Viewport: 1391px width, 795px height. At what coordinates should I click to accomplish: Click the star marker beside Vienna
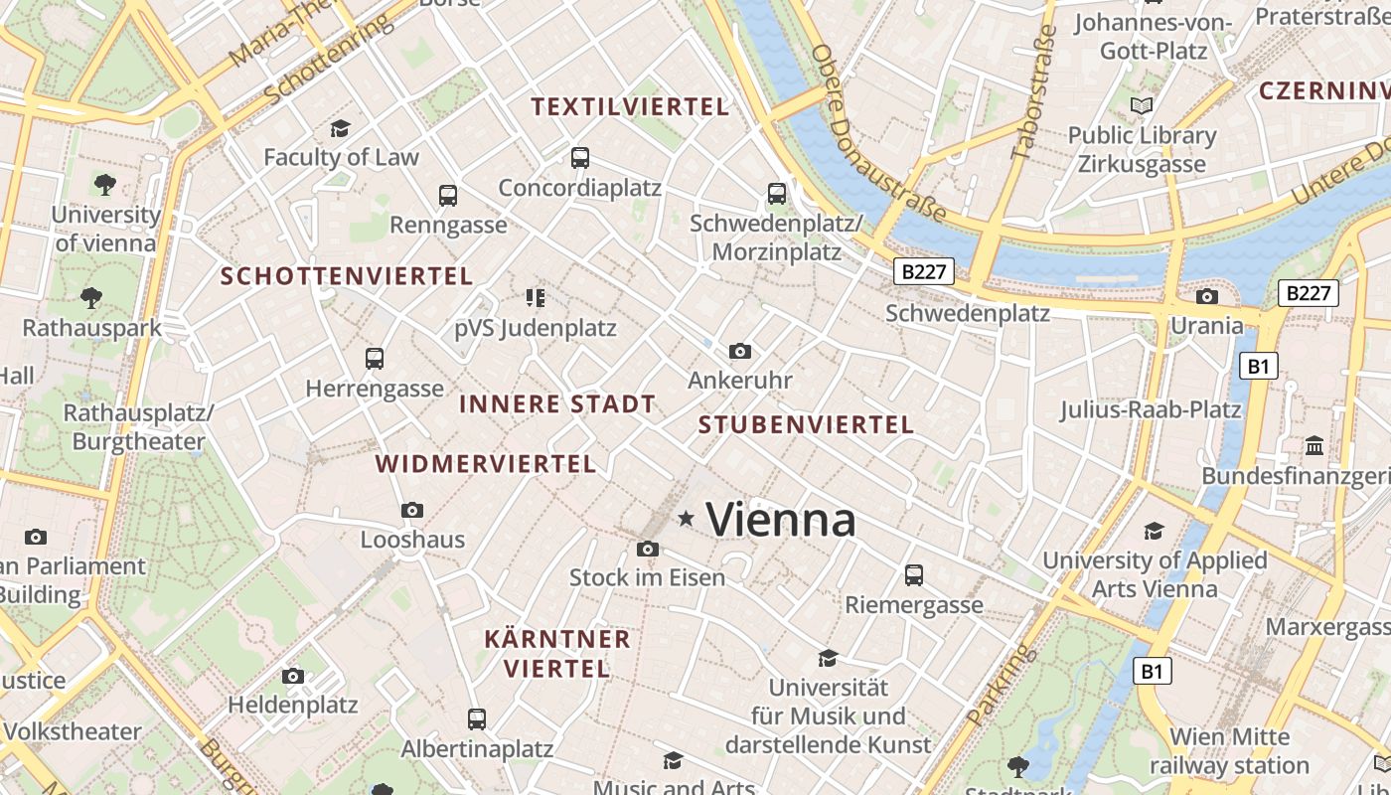click(x=686, y=519)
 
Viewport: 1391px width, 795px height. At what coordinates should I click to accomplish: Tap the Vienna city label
click(x=781, y=520)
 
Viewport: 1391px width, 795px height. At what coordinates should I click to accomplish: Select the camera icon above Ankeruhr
click(x=739, y=351)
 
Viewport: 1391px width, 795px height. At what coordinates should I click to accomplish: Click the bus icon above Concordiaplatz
click(x=580, y=158)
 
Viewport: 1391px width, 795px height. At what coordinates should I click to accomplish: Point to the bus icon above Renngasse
click(x=448, y=195)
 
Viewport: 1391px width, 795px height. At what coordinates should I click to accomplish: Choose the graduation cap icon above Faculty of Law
click(x=341, y=128)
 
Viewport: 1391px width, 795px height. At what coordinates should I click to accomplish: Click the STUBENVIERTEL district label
click(x=806, y=425)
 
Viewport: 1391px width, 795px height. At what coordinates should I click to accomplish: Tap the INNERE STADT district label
click(x=557, y=404)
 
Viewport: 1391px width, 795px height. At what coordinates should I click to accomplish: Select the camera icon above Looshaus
click(x=412, y=511)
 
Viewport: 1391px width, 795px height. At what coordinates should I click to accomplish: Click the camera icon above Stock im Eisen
click(x=647, y=549)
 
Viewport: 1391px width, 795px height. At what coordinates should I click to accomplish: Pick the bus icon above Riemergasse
click(x=914, y=574)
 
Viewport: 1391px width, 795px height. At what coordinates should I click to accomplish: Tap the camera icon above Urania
click(x=1207, y=296)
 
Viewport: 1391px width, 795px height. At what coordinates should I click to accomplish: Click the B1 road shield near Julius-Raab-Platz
click(x=1258, y=367)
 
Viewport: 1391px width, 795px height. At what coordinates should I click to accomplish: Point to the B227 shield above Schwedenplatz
click(x=924, y=272)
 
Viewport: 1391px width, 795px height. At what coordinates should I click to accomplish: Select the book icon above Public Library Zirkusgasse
click(x=1143, y=105)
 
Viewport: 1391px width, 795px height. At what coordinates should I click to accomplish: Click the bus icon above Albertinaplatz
click(x=477, y=718)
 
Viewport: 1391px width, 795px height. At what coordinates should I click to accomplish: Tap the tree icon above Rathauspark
click(x=91, y=297)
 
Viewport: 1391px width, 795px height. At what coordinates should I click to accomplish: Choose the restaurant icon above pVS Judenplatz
click(x=536, y=297)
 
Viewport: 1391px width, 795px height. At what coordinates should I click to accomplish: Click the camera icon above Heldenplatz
click(x=293, y=676)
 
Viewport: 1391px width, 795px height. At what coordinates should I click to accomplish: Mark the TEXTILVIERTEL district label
click(x=630, y=107)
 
